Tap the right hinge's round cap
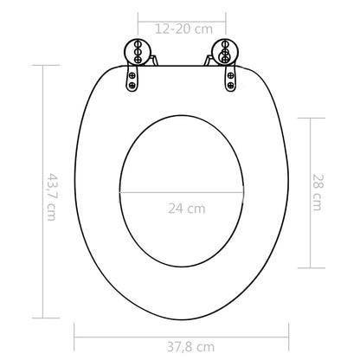(x=224, y=51)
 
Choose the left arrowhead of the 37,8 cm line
(x=77, y=329)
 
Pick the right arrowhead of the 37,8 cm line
(x=285, y=329)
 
